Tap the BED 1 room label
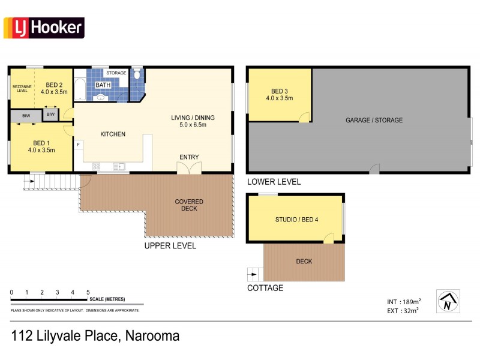[41, 146]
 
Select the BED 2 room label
[54, 88]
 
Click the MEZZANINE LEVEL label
[22, 88]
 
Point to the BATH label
[103, 85]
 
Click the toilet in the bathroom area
[137, 74]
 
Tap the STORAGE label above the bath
[116, 73]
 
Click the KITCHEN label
[113, 134]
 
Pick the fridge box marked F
[78, 145]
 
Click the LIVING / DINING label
[193, 121]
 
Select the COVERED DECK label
[189, 205]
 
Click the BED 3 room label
[280, 94]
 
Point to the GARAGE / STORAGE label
[374, 120]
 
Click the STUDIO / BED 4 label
[296, 219]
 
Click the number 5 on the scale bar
[88, 292]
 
